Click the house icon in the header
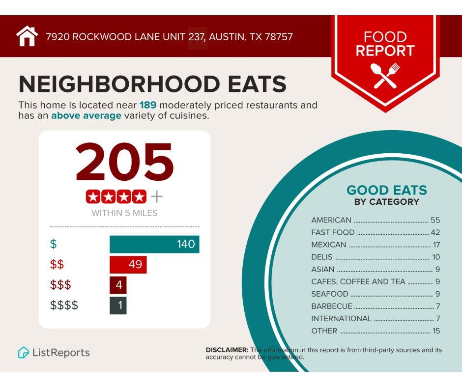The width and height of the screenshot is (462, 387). click(x=27, y=36)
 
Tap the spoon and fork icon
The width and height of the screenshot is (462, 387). click(x=386, y=76)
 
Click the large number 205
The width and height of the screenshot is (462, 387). click(x=124, y=162)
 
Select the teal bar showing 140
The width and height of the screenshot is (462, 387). click(x=154, y=244)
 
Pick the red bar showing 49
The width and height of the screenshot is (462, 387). click(x=128, y=265)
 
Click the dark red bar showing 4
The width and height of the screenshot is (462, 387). click(x=118, y=285)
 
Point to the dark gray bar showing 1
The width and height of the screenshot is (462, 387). click(x=118, y=305)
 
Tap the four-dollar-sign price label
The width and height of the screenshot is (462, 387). click(x=64, y=305)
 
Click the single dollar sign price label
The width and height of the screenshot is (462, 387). click(x=53, y=244)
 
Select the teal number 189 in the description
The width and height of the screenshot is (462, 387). click(x=148, y=105)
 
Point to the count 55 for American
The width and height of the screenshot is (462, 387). click(x=435, y=220)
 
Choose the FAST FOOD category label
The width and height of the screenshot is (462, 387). click(x=333, y=232)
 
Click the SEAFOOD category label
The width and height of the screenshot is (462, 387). click(x=330, y=294)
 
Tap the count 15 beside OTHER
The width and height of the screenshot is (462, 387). click(x=436, y=331)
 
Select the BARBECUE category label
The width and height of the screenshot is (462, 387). click(x=332, y=306)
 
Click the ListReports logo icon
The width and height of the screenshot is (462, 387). click(x=23, y=353)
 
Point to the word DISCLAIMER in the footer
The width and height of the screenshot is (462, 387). click(x=227, y=350)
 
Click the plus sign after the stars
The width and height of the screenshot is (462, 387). click(x=156, y=197)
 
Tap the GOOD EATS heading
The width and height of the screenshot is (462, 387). click(x=387, y=190)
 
